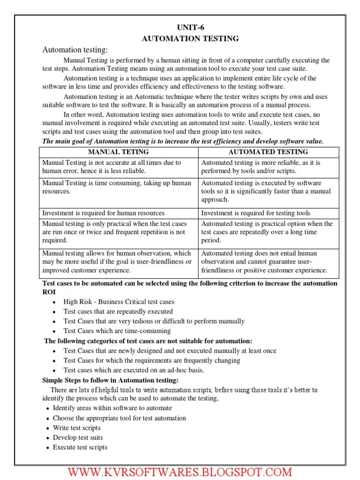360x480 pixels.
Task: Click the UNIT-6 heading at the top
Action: pyautogui.click(x=190, y=28)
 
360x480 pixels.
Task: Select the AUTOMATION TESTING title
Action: pyautogui.click(x=190, y=39)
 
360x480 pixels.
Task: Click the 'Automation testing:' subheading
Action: pyautogui.click(x=75, y=50)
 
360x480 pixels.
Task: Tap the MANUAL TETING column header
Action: pyautogui.click(x=118, y=152)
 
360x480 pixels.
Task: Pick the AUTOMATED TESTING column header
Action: pyautogui.click(x=268, y=152)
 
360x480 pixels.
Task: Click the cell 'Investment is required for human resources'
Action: pyautogui.click(x=104, y=213)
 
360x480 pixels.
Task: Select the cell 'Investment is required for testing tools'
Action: pyautogui.click(x=255, y=213)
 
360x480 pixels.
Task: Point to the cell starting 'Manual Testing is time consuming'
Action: pyautogui.click(x=117, y=187)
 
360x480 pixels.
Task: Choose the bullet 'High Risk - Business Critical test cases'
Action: pyautogui.click(x=119, y=302)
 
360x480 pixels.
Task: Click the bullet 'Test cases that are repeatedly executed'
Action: pyautogui.click(x=118, y=311)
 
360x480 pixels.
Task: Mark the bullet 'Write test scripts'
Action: pyautogui.click(x=76, y=428)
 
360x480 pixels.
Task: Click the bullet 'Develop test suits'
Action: pyautogui.click(x=78, y=438)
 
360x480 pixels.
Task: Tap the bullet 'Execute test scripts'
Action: pyautogui.click(x=80, y=447)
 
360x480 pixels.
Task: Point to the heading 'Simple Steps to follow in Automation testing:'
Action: pyautogui.click(x=110, y=380)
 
